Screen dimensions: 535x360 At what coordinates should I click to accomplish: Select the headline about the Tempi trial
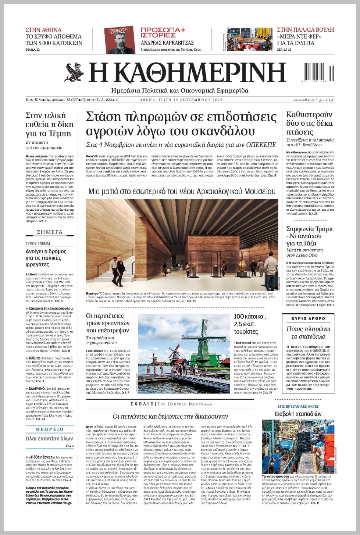49,124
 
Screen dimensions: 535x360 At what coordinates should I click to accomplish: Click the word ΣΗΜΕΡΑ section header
50,232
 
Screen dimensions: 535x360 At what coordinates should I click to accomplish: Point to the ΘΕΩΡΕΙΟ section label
50,429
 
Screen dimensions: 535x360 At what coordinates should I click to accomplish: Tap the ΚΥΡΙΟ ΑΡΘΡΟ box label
308,318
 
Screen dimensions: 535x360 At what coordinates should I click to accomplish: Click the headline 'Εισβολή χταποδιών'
298,414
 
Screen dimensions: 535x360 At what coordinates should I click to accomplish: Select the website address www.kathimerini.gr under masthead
308,100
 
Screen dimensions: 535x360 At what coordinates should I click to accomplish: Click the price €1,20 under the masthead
330,100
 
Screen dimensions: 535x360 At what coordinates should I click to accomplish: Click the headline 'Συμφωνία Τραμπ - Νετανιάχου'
309,236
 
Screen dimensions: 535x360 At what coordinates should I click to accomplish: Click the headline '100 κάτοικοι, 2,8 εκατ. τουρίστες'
250,324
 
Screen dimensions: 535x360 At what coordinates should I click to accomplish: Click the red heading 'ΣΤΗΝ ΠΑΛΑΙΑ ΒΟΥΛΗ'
305,30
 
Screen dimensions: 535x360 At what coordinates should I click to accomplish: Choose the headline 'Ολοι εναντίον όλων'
49,438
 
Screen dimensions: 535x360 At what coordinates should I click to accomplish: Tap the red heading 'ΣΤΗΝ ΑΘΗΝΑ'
43,30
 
